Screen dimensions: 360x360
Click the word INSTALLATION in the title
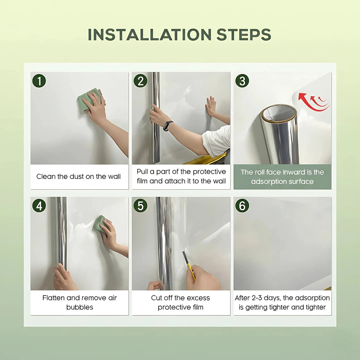pos(149,35)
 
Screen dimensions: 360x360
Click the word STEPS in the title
pos(244,35)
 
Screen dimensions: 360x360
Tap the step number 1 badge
pos(39,81)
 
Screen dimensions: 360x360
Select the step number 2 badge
pos(140,81)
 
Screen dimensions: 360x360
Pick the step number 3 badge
pos(242,81)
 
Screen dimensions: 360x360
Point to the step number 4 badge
pos(39,206)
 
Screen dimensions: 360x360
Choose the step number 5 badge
pos(140,206)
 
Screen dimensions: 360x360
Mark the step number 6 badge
pos(242,206)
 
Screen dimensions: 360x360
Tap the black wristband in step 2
pos(168,126)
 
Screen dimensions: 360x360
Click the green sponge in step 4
pos(100,224)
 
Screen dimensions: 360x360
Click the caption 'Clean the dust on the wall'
pos(79,176)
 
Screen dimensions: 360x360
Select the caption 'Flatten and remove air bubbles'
pos(79,302)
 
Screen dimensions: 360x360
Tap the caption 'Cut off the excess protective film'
pos(180,302)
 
